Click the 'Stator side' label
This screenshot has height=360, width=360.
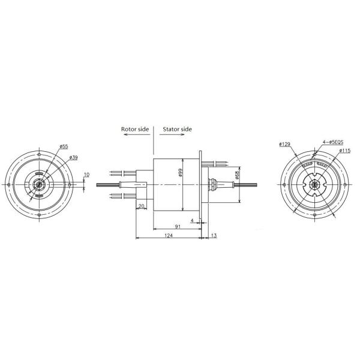tap(177, 128)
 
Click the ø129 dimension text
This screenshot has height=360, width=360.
tap(285, 144)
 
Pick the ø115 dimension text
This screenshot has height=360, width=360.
tap(344, 151)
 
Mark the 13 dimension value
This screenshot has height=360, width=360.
tap(214, 236)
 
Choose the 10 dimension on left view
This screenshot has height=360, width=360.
tap(86, 175)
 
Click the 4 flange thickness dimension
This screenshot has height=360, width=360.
tap(192, 220)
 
